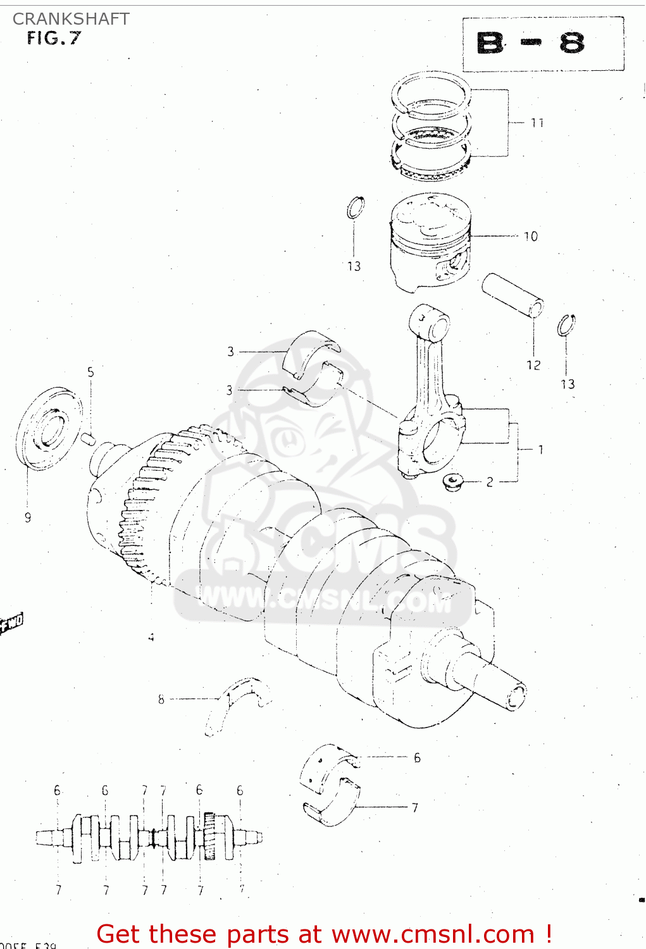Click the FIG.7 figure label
54,39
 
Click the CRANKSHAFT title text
71,19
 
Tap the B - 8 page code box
543,44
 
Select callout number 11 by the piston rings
537,123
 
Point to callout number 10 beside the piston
531,237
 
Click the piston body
430,244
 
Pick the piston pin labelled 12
512,294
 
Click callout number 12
533,365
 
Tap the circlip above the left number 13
356,208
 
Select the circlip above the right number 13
566,326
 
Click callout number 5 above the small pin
90,372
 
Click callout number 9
28,518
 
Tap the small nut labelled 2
452,482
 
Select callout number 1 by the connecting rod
540,450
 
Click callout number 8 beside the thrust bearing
161,699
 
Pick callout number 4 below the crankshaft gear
151,638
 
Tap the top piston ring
430,95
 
